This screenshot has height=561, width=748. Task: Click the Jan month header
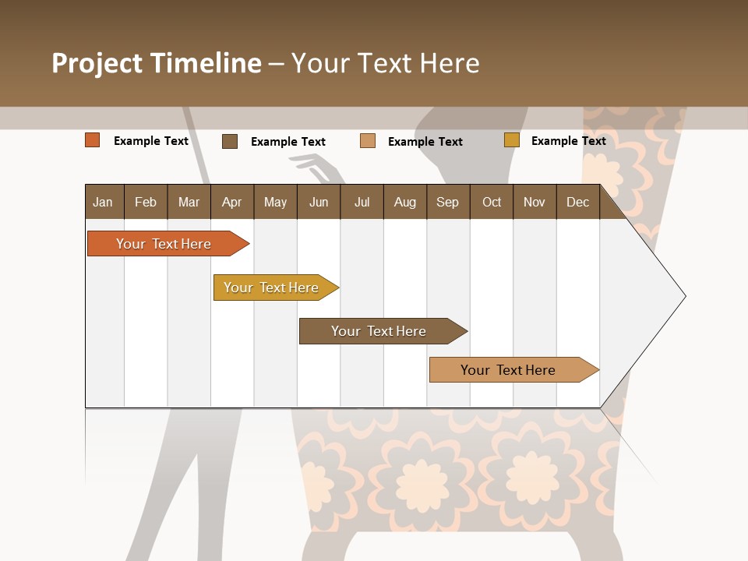point(103,202)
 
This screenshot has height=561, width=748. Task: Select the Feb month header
point(146,202)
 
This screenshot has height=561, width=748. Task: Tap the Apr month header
point(231,202)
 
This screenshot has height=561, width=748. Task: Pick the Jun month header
point(319,202)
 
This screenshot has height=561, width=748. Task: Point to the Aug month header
point(405,202)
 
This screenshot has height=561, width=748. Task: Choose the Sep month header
point(447,202)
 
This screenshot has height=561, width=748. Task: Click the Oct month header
point(492,202)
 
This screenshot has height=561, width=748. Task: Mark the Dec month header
point(577,202)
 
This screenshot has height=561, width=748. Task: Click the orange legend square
point(93,140)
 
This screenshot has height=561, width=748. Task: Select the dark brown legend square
point(230,141)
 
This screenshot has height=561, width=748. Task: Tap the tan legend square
point(368,141)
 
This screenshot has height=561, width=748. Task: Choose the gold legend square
point(512,140)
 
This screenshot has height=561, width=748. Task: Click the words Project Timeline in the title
point(156,63)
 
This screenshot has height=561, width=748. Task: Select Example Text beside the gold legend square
point(568,141)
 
